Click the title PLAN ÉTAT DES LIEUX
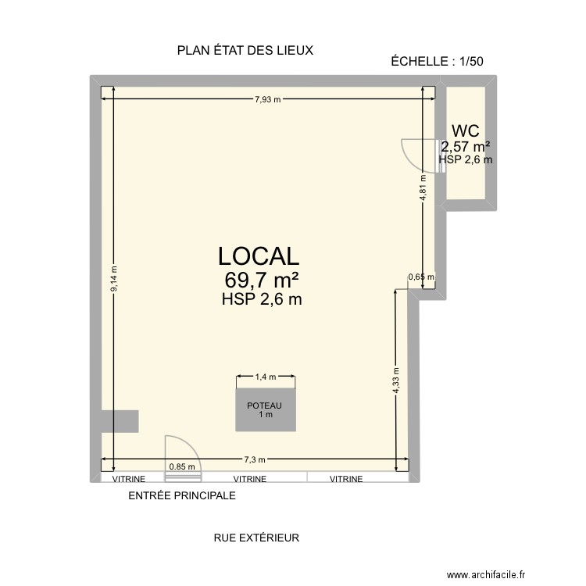click(245, 51)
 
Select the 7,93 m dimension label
click(268, 99)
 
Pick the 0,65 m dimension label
click(421, 277)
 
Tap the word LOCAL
click(259, 256)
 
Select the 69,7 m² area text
click(263, 280)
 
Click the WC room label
click(465, 130)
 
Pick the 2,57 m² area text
click(466, 146)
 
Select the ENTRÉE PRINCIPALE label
click(181, 495)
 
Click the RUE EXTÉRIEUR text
click(256, 538)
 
